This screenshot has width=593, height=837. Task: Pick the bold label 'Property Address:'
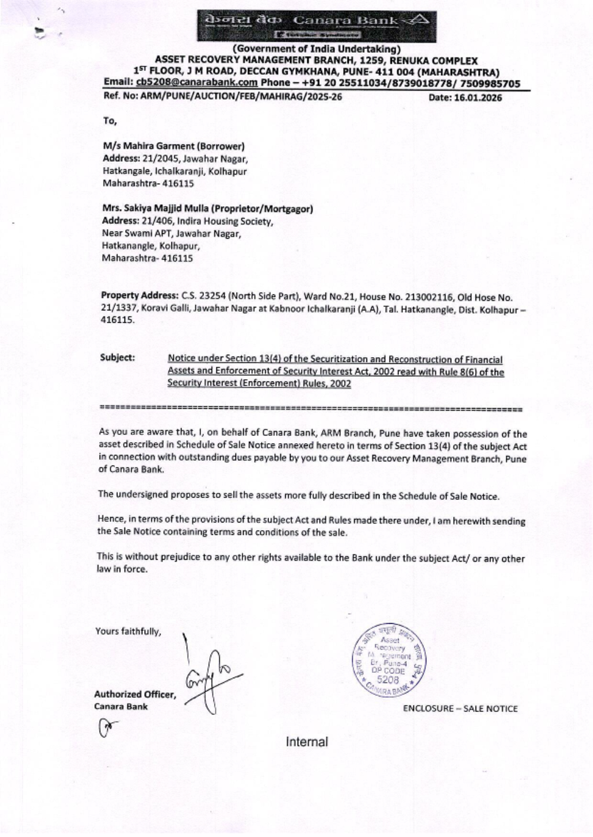(139, 296)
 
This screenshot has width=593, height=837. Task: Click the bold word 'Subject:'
(117, 357)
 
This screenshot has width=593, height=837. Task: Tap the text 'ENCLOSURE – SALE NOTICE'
(460, 708)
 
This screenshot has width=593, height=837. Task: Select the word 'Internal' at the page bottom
(307, 742)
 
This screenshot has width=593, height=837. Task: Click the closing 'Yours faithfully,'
(128, 631)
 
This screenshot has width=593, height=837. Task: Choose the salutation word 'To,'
(110, 121)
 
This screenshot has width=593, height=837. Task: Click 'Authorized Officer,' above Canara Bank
(135, 694)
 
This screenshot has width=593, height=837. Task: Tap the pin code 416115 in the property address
(117, 319)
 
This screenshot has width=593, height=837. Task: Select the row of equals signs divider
(311, 409)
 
